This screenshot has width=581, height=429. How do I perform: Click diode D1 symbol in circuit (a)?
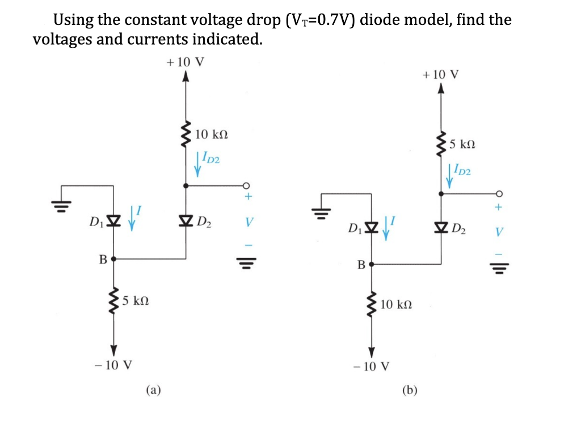(113, 219)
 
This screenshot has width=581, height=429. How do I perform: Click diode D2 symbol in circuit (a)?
(186, 219)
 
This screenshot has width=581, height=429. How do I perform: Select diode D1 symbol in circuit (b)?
(372, 229)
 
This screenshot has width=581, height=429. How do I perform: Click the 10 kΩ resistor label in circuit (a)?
(211, 135)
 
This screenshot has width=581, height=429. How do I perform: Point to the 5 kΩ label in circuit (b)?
(461, 144)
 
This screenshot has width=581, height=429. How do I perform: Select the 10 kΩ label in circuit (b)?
(396, 305)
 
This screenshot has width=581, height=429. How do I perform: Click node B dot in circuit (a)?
(113, 259)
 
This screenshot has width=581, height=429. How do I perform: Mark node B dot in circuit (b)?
(372, 264)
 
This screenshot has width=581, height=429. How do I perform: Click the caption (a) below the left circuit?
(153, 389)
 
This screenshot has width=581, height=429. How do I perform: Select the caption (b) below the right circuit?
(409, 390)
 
